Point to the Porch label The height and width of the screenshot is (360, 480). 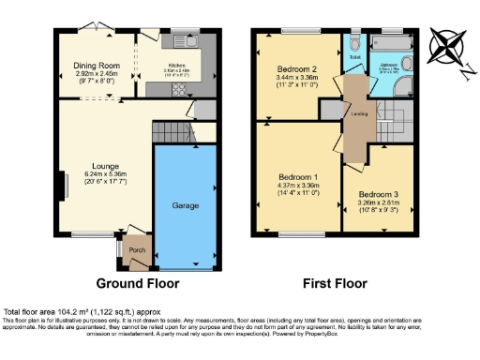pyautogui.click(x=137, y=251)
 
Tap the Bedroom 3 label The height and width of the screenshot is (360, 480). pyautogui.click(x=376, y=195)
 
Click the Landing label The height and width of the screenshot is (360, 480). pyautogui.click(x=358, y=114)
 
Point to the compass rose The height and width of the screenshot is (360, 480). pyautogui.click(x=448, y=45)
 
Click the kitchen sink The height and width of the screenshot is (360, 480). pyautogui.click(x=188, y=41)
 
